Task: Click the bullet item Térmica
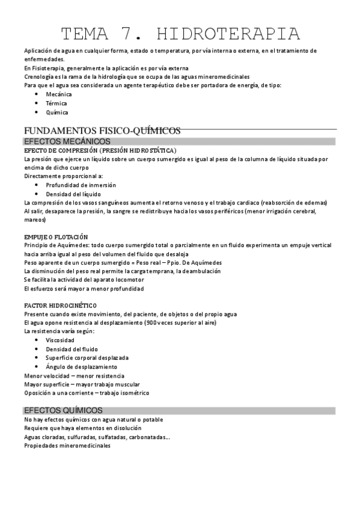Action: click(57, 103)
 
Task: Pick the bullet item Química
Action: click(57, 112)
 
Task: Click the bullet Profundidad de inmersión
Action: click(81, 185)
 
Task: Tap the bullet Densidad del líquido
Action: click(75, 194)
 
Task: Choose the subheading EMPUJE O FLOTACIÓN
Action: click(56, 237)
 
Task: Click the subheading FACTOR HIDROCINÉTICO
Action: click(60, 306)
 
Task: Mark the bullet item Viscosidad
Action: click(60, 340)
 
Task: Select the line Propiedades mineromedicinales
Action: click(67, 446)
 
